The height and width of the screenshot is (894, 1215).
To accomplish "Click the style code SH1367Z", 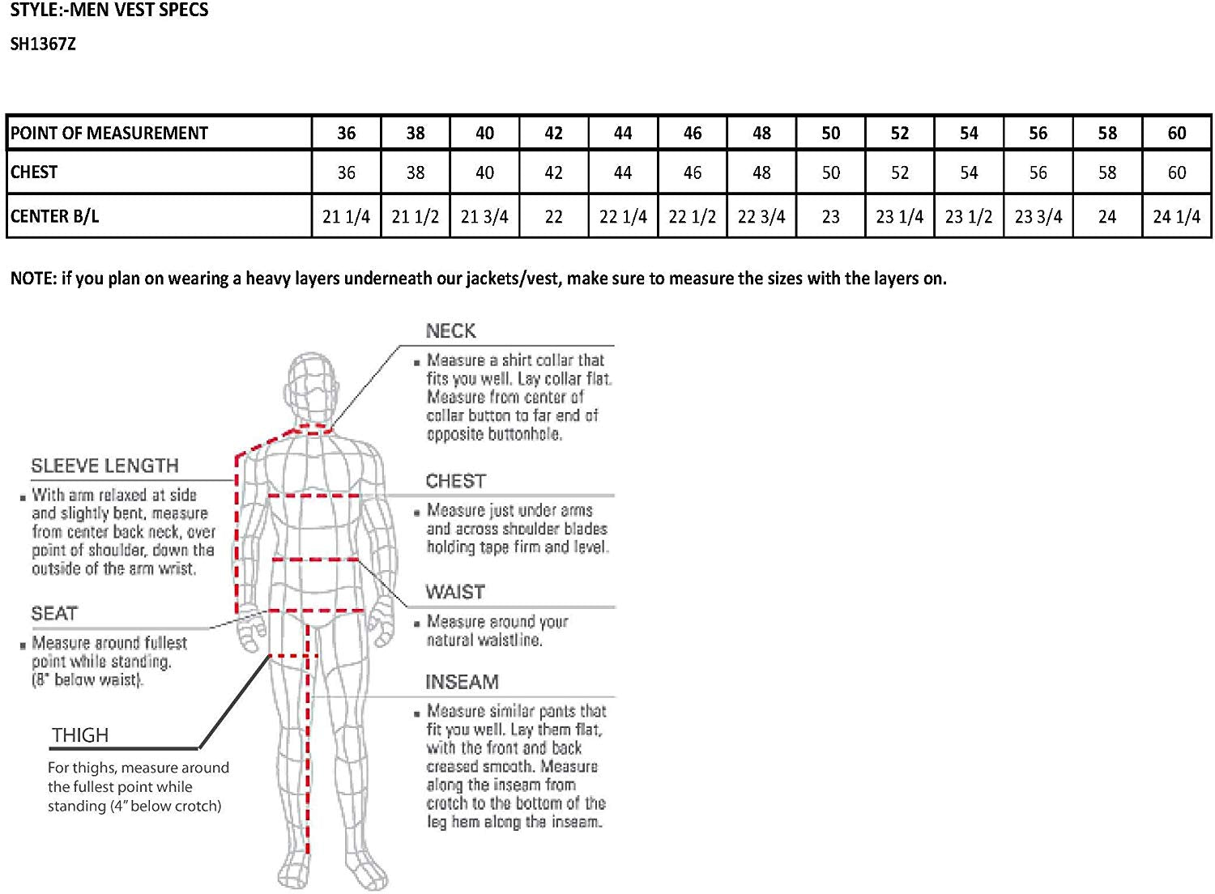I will pos(43,45).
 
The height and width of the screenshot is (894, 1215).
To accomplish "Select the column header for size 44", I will pos(623,134).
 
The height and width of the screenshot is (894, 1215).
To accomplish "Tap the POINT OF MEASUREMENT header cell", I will pos(109,134).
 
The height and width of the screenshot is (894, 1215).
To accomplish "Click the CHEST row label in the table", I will pos(34,172).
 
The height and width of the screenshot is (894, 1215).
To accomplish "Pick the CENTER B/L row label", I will pos(54,216).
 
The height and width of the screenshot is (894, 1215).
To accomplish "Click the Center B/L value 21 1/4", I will pos(346,216).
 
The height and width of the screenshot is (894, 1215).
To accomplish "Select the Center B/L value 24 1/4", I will pos(1176,216).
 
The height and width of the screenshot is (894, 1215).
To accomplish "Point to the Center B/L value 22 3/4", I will pos(761,216).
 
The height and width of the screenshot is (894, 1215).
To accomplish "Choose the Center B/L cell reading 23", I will pos(830,216).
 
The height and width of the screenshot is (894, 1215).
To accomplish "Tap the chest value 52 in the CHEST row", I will pos(899,172).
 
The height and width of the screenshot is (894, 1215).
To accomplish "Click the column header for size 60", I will pos(1176,134).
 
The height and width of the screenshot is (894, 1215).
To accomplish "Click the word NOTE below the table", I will pos(33,279).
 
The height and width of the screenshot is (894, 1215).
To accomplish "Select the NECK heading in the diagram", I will pos(450,331).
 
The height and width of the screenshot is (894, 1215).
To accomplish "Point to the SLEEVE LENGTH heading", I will pos(104,466).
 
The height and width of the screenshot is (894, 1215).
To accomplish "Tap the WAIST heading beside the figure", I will pos(454,592).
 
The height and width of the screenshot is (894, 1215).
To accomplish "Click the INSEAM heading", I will pos(462,682).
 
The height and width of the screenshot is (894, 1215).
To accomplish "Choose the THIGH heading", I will pos(80,735).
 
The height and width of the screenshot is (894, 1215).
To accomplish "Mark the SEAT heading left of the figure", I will pos(54,613).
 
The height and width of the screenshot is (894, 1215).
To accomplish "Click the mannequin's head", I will pos(311,385).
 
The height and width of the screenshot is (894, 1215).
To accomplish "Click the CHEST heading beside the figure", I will pos(455,481).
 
